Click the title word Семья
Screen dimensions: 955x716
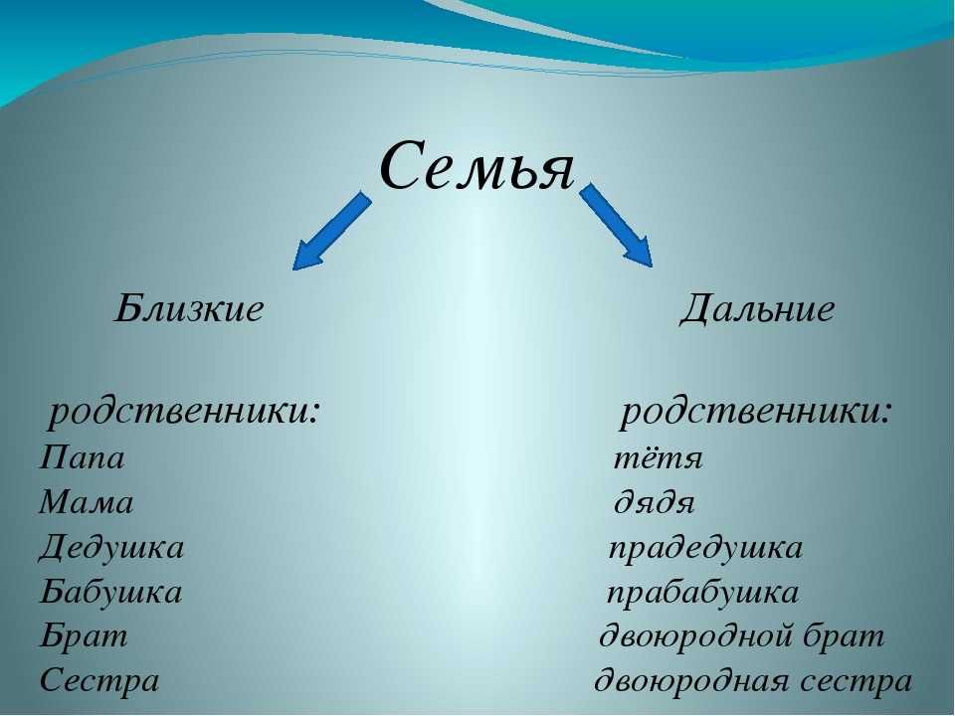tap(477, 166)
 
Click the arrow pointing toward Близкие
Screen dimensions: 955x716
tap(332, 231)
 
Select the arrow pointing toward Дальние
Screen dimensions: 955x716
tap(616, 225)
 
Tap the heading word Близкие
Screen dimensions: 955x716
tap(189, 308)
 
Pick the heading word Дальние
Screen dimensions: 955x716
tap(757, 308)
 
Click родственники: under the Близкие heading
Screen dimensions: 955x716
tap(184, 413)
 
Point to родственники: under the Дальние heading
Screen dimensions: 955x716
tap(756, 413)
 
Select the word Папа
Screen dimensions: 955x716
tap(83, 457)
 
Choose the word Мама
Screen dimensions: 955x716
tap(87, 503)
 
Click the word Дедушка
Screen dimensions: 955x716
tap(111, 547)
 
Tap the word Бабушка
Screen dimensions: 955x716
tap(110, 591)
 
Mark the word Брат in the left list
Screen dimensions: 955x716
tap(84, 636)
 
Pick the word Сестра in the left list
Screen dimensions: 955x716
tap(99, 680)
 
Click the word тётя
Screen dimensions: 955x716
tap(658, 458)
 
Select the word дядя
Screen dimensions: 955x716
tap(655, 504)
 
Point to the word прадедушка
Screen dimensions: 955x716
tap(706, 548)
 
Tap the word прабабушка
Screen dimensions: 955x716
tap(703, 593)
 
